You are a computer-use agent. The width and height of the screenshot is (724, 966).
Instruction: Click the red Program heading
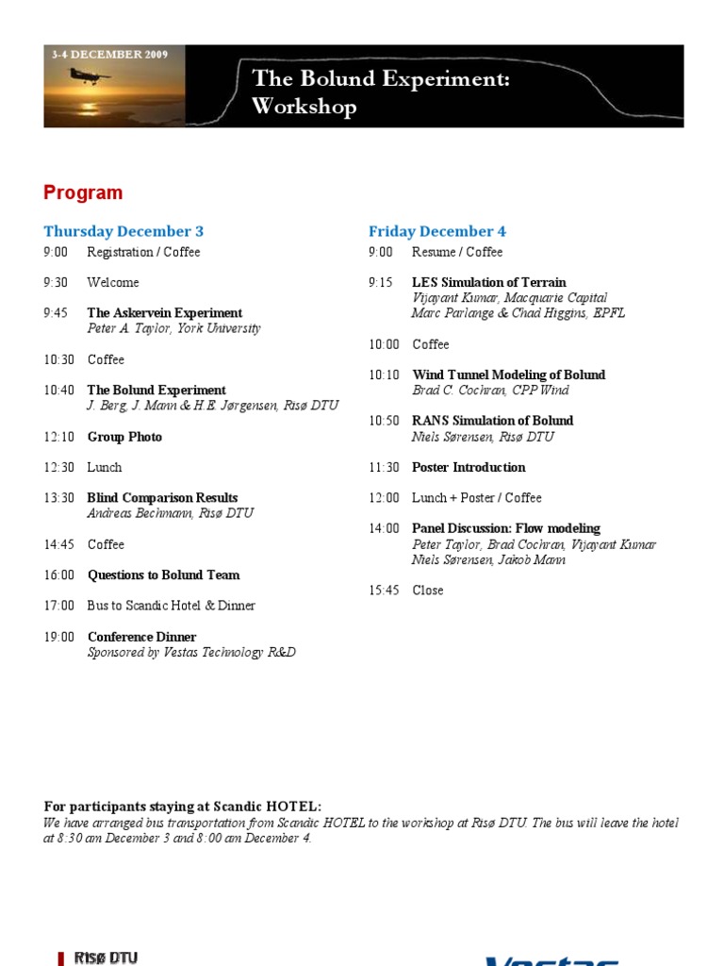83,192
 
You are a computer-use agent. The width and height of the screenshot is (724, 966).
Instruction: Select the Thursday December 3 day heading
123,231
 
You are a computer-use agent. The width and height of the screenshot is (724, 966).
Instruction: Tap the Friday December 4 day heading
437,231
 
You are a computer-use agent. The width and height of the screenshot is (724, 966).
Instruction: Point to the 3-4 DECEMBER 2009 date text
110,55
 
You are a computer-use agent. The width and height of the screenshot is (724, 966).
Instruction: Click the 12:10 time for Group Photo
56,437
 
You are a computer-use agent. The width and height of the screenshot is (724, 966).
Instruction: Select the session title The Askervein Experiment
165,313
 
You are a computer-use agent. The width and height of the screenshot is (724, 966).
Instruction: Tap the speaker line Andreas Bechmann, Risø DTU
171,513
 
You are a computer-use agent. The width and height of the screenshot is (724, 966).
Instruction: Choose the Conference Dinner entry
142,637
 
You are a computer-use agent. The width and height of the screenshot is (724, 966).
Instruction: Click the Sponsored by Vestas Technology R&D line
191,652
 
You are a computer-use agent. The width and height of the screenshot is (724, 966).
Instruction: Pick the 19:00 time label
58,637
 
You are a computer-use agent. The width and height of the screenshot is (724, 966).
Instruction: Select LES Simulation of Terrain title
489,282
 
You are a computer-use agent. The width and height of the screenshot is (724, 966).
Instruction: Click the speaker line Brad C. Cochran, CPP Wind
491,390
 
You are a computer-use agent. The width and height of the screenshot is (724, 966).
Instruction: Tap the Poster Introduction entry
469,467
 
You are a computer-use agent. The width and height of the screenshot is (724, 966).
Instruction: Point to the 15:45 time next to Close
384,591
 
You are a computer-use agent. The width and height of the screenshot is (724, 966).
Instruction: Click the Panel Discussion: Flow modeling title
506,528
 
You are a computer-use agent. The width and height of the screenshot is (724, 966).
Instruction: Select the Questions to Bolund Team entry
164,575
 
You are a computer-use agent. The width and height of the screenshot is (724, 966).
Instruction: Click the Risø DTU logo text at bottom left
106,958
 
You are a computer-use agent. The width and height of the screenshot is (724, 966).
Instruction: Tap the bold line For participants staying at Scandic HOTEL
183,807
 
